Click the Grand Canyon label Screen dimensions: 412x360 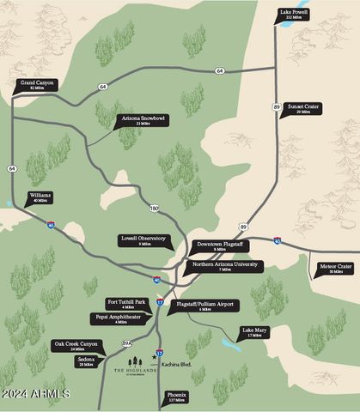point(35,85)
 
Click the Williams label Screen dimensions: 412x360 point(40,197)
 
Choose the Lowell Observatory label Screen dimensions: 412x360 point(144,241)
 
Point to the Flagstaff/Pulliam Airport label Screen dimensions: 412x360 point(205,306)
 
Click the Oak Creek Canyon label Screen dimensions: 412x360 point(77,346)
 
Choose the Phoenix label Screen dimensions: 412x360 point(176,397)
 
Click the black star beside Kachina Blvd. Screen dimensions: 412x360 point(155,353)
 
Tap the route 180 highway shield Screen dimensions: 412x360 point(154,208)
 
